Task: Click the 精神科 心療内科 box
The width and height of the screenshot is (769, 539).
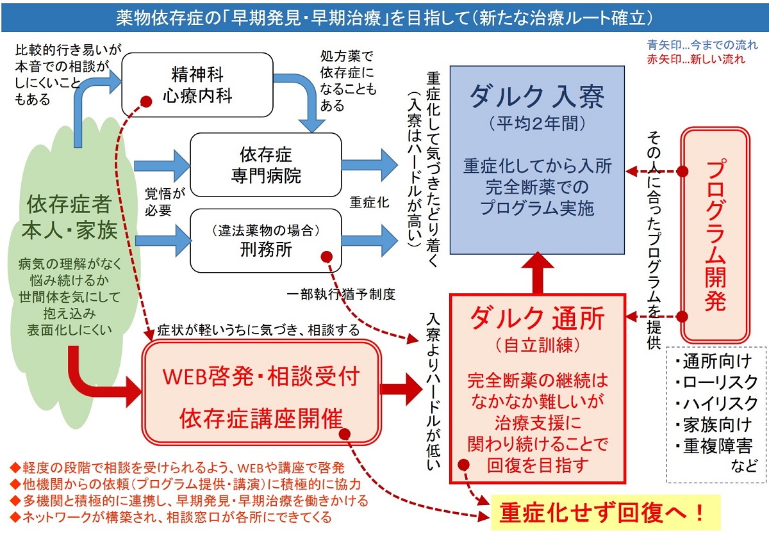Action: click(197, 85)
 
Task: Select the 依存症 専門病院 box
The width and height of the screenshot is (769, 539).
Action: click(265, 165)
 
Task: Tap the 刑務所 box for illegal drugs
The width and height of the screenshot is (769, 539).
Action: click(265, 241)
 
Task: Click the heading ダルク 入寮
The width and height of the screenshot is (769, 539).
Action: click(537, 96)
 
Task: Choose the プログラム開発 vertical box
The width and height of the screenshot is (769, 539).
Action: click(715, 234)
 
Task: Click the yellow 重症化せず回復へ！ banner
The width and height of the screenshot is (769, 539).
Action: click(602, 513)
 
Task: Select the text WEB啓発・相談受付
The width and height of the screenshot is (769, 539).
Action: click(261, 376)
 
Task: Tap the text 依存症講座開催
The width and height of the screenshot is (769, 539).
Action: click(261, 419)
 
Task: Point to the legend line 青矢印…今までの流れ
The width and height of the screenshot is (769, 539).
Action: click(702, 45)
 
